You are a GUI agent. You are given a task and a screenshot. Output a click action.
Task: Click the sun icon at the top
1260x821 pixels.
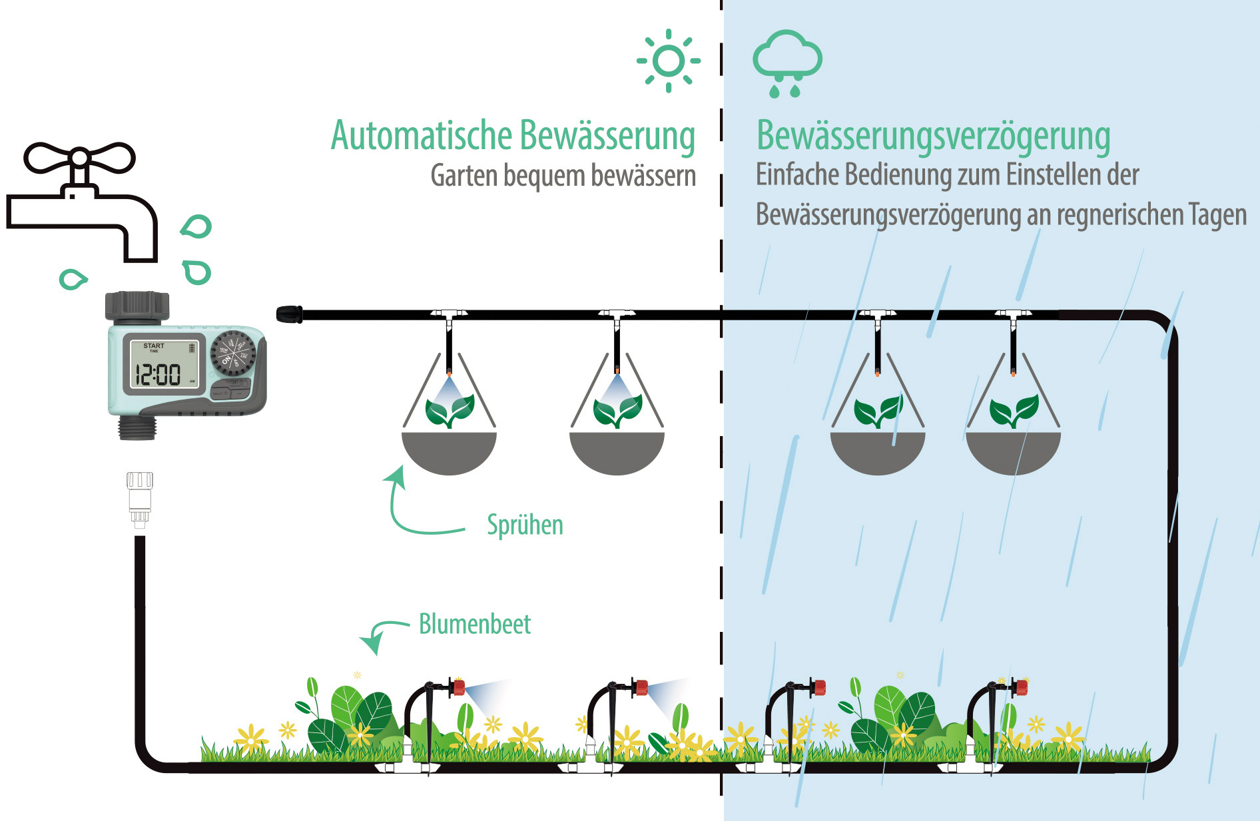tap(669, 61)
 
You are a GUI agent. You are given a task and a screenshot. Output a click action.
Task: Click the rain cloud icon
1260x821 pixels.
tap(787, 61)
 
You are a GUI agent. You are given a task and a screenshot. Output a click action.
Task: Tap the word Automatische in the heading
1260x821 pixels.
tap(421, 136)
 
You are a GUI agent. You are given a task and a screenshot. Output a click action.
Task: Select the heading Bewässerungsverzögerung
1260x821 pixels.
tap(933, 136)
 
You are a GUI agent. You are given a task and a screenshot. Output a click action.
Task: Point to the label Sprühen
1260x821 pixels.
tap(525, 525)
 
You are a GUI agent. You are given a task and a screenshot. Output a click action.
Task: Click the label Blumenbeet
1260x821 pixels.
tap(474, 624)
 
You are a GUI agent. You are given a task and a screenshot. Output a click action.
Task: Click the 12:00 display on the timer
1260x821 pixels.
tap(158, 374)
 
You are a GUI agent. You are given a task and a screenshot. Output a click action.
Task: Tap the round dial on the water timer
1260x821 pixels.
tap(232, 353)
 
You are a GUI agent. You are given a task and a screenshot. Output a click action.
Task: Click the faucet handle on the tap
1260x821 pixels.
tap(79, 158)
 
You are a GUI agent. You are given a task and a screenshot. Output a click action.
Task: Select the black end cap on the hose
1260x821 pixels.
tap(289, 314)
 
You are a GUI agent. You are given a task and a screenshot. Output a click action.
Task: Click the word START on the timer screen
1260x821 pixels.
tap(154, 346)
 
